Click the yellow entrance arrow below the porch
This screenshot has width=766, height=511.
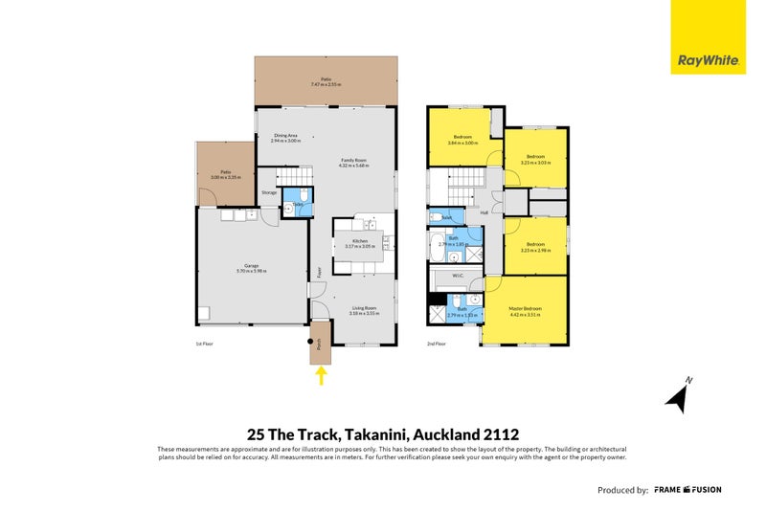[322, 376]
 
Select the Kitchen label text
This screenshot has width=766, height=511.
[360, 241]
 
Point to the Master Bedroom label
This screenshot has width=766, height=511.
[525, 308]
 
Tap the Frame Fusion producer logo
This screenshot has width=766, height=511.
[687, 490]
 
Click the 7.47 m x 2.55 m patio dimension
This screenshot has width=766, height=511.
[326, 85]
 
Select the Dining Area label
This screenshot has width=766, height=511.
[286, 136]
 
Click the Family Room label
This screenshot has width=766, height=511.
[353, 160]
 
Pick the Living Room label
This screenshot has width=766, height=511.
[362, 307]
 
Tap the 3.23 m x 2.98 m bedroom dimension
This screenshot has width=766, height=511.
[534, 252]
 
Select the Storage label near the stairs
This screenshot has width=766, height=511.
[269, 193]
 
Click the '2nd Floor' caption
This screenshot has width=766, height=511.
[437, 342]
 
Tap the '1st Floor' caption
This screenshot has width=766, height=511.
[203, 342]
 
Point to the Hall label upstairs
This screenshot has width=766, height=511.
[484, 212]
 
